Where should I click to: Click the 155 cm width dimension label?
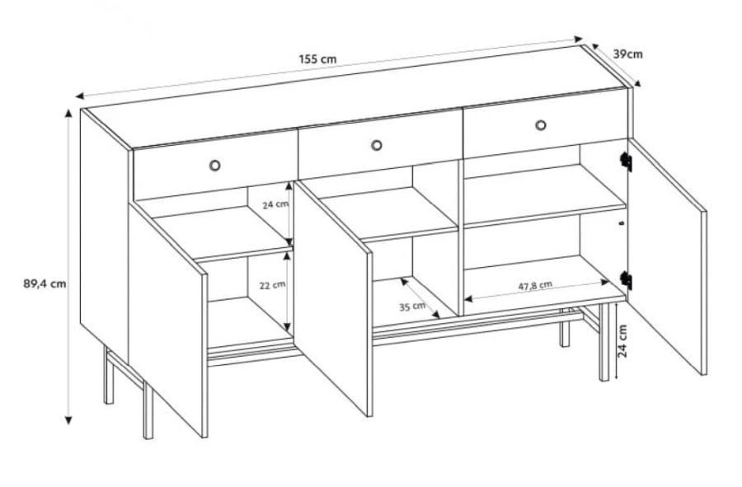317,59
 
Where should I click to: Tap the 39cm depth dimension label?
628,54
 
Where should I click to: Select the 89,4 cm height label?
45,284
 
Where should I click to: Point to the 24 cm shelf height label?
275,205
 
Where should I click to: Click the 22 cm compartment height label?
272,285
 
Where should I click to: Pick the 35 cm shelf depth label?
412,307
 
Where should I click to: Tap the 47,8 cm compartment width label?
535,286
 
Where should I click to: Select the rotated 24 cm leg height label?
622,341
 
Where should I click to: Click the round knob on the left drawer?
214,165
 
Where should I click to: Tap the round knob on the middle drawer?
376,145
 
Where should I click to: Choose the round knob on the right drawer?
540,125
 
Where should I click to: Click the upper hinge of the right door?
626,162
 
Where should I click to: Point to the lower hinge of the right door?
626,280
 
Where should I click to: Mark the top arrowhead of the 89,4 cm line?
68,113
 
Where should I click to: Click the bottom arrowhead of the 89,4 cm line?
68,420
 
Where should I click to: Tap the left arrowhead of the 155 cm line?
79,96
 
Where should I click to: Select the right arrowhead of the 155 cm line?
578,38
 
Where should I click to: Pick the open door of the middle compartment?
333,297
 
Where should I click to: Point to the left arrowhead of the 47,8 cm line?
468,299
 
